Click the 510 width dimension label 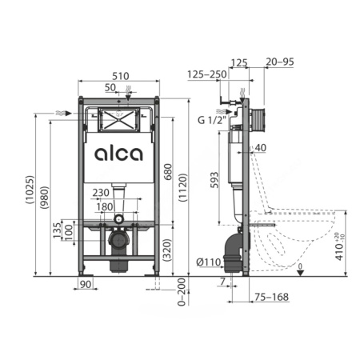click(121, 76)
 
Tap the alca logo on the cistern click(118, 154)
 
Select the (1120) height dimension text click(183, 187)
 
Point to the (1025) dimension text click(30, 190)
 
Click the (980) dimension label click(44, 198)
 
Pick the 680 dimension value click(168, 172)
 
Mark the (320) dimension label click(167, 250)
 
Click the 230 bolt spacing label click(101, 193)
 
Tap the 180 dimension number click(105, 206)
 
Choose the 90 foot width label click(86, 284)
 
